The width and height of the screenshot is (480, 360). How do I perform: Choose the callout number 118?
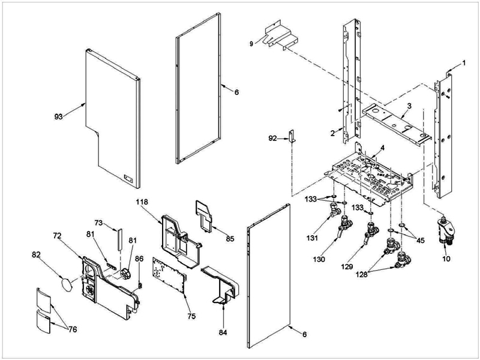pos(141,203)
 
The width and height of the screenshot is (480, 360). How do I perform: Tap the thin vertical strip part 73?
pos(118,238)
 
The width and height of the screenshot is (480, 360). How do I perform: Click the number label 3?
pos(408,106)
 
